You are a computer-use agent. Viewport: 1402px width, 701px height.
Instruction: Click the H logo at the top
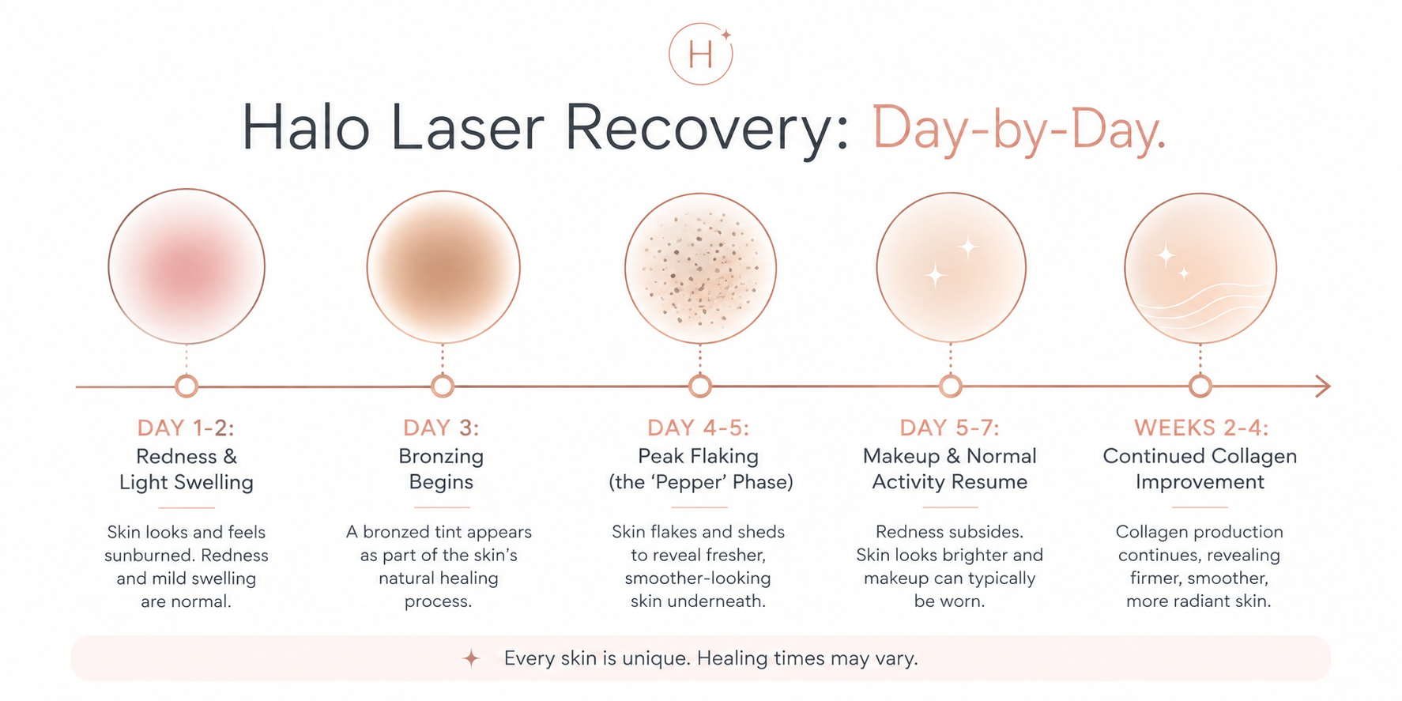[x=700, y=54]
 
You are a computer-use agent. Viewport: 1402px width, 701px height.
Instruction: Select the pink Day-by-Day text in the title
[x=1019, y=129]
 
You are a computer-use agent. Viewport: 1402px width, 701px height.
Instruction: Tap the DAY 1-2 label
[x=186, y=428]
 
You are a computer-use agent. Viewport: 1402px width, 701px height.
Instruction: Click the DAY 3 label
[x=441, y=428]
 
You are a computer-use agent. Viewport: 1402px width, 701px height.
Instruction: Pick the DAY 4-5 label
[x=698, y=428]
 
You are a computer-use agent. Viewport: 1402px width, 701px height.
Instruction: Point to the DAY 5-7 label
[x=949, y=428]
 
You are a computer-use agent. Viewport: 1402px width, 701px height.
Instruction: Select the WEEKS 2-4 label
[x=1200, y=428]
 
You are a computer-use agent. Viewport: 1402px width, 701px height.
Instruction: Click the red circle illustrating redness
[x=187, y=266]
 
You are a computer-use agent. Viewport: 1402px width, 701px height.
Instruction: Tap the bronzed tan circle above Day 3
[x=443, y=267]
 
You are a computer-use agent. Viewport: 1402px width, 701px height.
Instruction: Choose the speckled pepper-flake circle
[x=700, y=269]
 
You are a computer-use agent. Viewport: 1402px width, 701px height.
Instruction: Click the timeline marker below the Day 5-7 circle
[x=950, y=386]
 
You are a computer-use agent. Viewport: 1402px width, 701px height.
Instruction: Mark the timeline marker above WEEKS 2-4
[x=1200, y=386]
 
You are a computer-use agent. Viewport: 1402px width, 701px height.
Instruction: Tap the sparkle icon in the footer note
[x=471, y=658]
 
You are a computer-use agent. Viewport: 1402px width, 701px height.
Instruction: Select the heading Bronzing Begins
[x=441, y=469]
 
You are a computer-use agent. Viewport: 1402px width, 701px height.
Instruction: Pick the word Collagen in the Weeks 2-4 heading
[x=1254, y=456]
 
